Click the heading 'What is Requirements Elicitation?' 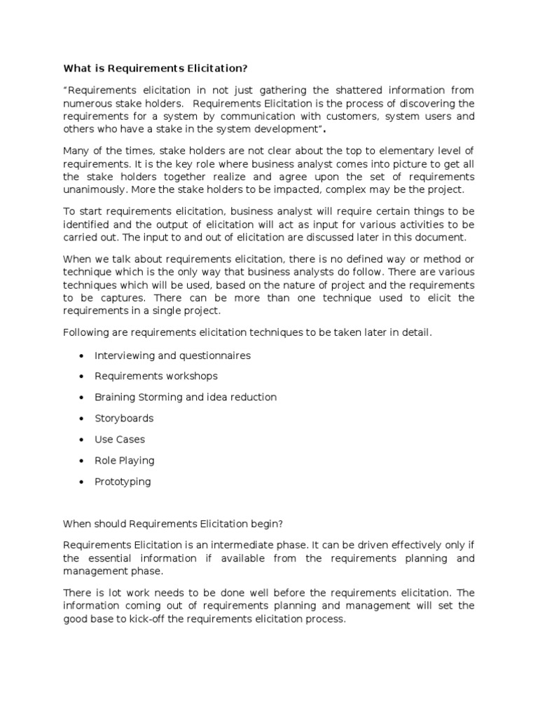tap(156, 69)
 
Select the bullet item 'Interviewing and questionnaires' tap(172, 355)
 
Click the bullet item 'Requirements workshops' tap(156, 377)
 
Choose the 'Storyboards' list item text tap(124, 419)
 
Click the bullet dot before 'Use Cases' tap(83, 440)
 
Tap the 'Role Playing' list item tap(124, 461)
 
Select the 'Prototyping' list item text tap(123, 482)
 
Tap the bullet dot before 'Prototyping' tap(83, 482)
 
